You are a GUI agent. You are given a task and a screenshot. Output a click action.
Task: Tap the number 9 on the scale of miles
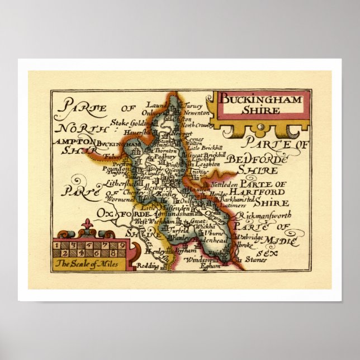pos(122,245)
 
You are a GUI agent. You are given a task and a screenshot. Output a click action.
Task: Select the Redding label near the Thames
pos(148,267)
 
